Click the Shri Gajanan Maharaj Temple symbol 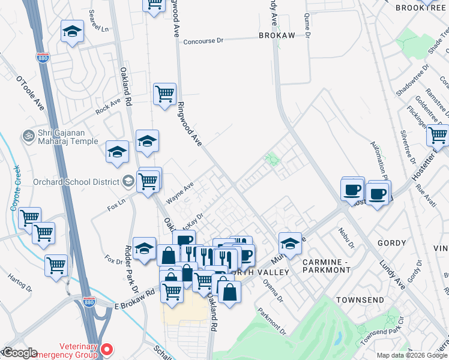tap(27, 136)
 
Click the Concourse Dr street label tap(203, 41)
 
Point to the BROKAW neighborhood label tap(277, 36)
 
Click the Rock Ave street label tap(108, 107)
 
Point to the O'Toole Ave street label tap(31, 94)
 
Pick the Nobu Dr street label tap(346, 237)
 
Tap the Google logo tap(19, 353)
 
